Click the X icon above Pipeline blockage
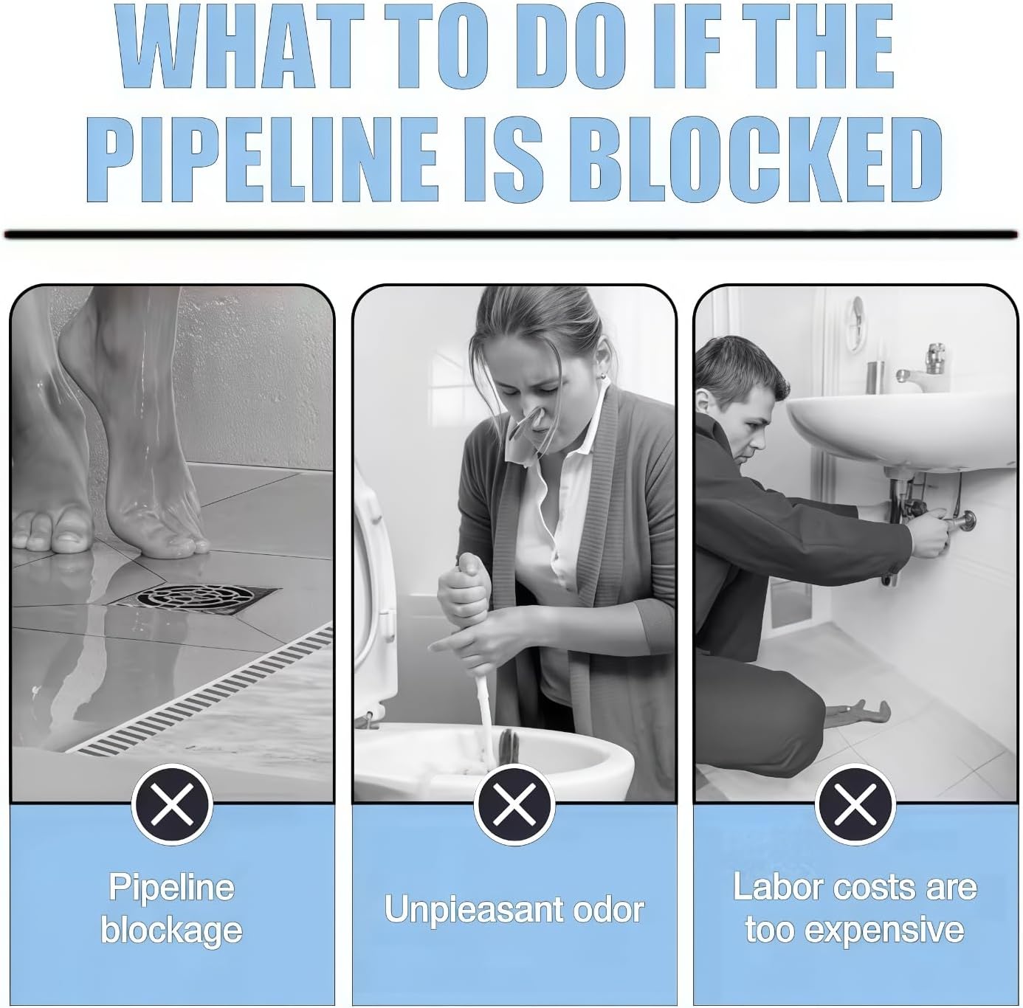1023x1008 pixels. coord(171,804)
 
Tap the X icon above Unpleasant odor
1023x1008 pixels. coord(514,804)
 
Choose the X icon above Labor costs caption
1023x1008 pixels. coord(855,804)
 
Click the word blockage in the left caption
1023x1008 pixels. coord(171,932)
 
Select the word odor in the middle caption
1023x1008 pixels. coord(604,909)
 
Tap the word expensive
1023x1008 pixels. coord(884,931)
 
